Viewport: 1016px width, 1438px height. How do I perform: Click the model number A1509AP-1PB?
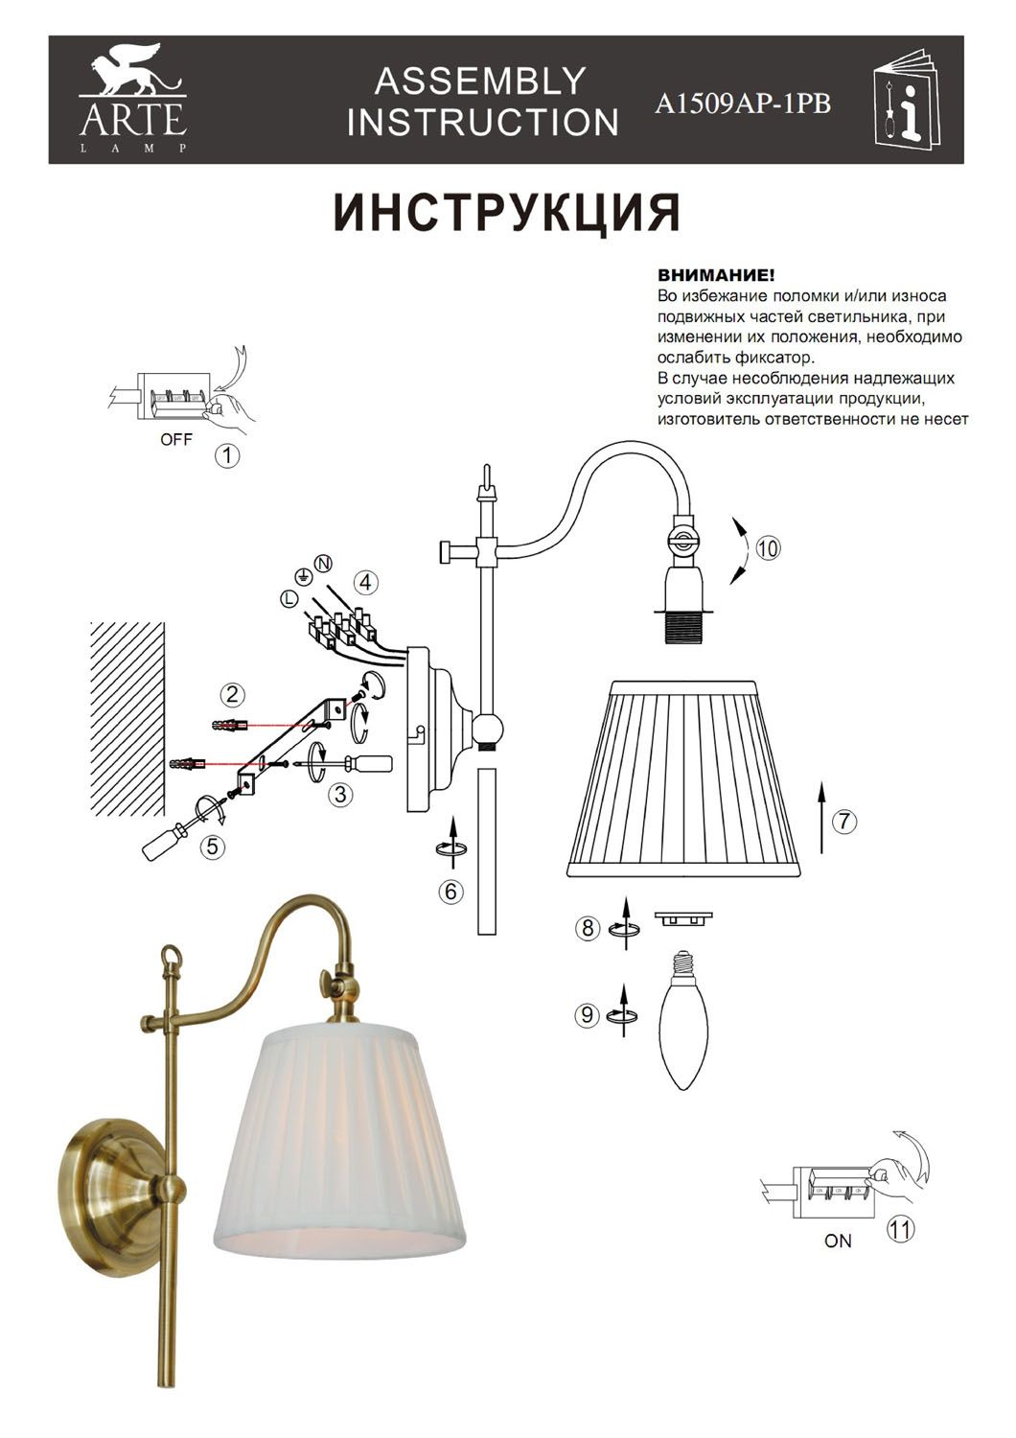click(742, 104)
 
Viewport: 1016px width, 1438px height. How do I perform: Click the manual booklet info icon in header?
click(907, 105)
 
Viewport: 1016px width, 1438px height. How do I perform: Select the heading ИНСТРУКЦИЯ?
click(507, 213)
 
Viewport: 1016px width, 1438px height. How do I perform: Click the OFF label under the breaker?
click(176, 439)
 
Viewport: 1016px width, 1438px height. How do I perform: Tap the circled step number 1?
click(227, 454)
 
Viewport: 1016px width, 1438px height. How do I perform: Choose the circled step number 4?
click(365, 582)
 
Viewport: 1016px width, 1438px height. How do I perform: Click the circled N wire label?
click(323, 563)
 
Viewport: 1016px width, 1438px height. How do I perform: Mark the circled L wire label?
click(288, 598)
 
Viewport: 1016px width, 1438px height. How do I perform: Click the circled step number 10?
click(768, 548)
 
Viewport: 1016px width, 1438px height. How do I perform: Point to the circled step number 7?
click(843, 821)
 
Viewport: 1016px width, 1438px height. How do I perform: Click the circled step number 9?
click(588, 1014)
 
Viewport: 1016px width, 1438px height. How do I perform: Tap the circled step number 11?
click(900, 1228)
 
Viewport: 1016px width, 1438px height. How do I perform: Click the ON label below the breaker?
click(838, 1241)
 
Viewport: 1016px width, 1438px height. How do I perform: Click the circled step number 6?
click(451, 891)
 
